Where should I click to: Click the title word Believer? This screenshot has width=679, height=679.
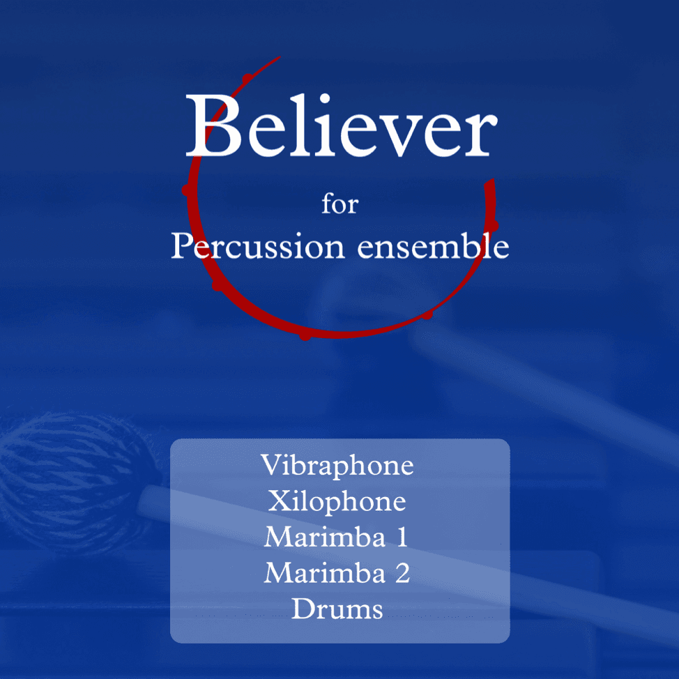click(341, 127)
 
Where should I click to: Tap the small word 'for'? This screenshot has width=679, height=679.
click(339, 205)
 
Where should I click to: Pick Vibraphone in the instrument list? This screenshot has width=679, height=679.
click(337, 466)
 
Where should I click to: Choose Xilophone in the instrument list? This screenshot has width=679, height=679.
click(337, 501)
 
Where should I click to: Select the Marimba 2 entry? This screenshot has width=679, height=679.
click(337, 573)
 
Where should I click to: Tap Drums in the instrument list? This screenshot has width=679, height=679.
click(337, 609)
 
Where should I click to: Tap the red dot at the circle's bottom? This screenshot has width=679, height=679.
click(305, 336)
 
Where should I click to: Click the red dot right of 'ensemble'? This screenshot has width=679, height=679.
click(493, 225)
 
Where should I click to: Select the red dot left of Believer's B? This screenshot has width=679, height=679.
click(187, 190)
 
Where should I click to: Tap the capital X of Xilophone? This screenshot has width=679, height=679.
click(278, 501)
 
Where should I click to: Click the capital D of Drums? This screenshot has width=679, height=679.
click(302, 609)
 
